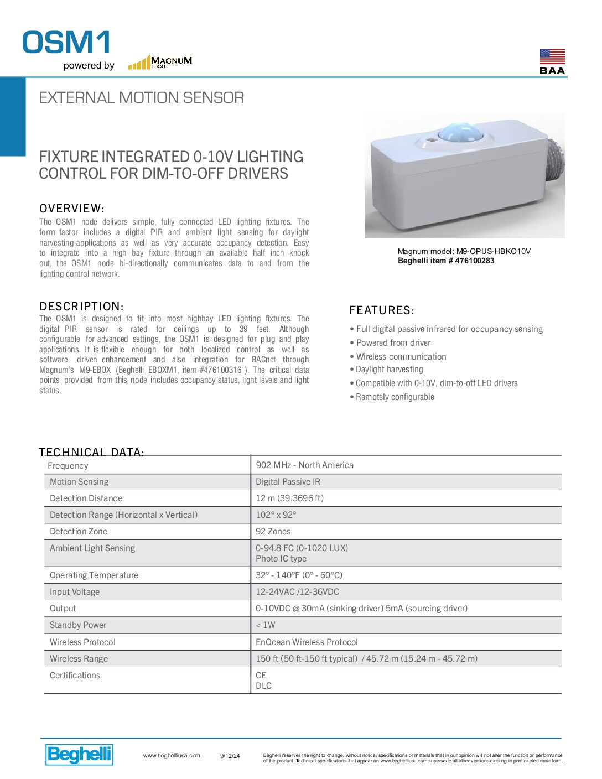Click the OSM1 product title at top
click(x=66, y=43)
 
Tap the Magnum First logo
click(x=160, y=62)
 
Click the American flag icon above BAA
click(x=552, y=56)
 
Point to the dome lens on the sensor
click(x=460, y=132)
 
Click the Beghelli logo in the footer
click(x=79, y=754)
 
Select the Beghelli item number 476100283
click(x=446, y=261)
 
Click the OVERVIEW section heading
click(x=71, y=209)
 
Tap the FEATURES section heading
click(x=382, y=310)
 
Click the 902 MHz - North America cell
click(x=304, y=465)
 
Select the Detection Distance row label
click(x=86, y=498)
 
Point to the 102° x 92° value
click(x=276, y=515)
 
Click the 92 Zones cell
click(x=273, y=532)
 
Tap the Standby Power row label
click(x=78, y=625)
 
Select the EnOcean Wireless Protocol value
click(x=307, y=642)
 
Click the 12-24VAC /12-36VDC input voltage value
click(x=297, y=592)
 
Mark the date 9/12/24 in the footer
click(x=230, y=756)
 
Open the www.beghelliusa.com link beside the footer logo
click(x=172, y=756)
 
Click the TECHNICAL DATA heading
click(x=91, y=452)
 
